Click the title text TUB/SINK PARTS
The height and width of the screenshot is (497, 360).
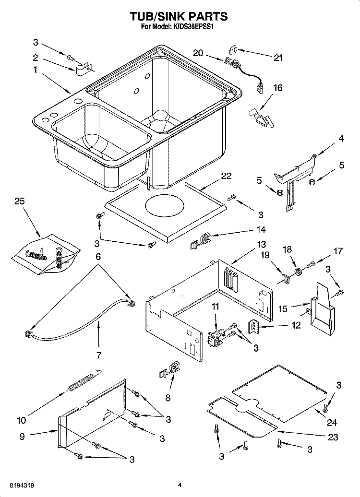pyautogui.click(x=180, y=16)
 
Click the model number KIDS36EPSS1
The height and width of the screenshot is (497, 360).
pyautogui.click(x=193, y=27)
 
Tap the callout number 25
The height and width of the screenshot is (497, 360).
pyautogui.click(x=20, y=201)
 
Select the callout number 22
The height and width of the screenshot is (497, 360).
pyautogui.click(x=226, y=176)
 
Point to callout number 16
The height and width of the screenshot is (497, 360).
pyautogui.click(x=277, y=87)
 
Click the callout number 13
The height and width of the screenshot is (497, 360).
pyautogui.click(x=262, y=245)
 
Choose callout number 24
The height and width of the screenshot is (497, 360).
pyautogui.click(x=332, y=422)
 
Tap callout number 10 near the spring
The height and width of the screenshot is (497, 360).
pyautogui.click(x=22, y=420)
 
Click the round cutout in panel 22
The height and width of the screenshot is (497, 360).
pyautogui.click(x=164, y=207)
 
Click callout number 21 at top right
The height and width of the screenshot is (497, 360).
pyautogui.click(x=278, y=58)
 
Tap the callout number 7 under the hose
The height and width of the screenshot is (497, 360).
pyautogui.click(x=99, y=355)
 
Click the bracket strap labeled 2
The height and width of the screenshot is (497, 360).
pyautogui.click(x=84, y=69)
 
